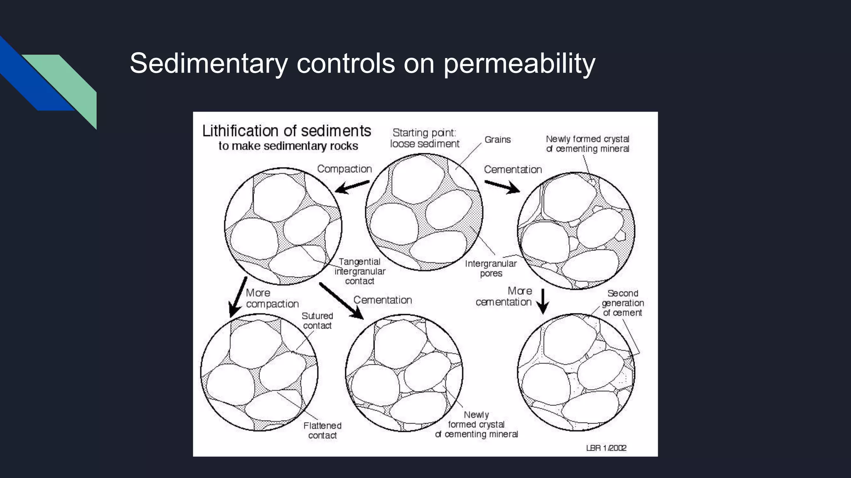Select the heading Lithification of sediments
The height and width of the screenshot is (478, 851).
click(x=286, y=131)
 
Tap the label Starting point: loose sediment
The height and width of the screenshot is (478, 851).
click(x=424, y=138)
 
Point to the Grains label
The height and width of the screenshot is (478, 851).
click(x=497, y=140)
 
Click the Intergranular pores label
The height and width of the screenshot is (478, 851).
click(x=491, y=268)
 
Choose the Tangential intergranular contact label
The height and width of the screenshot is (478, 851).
click(x=360, y=271)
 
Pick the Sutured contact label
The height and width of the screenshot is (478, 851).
click(x=317, y=321)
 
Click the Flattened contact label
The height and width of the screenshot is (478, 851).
click(x=322, y=430)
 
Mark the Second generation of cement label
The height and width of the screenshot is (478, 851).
click(x=622, y=303)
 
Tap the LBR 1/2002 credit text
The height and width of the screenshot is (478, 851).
click(x=606, y=448)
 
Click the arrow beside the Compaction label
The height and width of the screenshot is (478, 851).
click(x=352, y=187)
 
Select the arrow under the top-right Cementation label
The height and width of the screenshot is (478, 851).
click(x=502, y=187)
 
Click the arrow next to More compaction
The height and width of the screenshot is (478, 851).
click(x=238, y=297)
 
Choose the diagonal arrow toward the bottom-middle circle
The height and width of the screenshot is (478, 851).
click(x=341, y=301)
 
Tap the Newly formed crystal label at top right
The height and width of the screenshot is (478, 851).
click(x=587, y=144)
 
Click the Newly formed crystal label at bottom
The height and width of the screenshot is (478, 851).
click(x=476, y=424)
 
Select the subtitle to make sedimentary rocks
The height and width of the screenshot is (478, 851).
click(x=288, y=146)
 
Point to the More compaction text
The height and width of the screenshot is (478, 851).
click(x=272, y=298)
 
